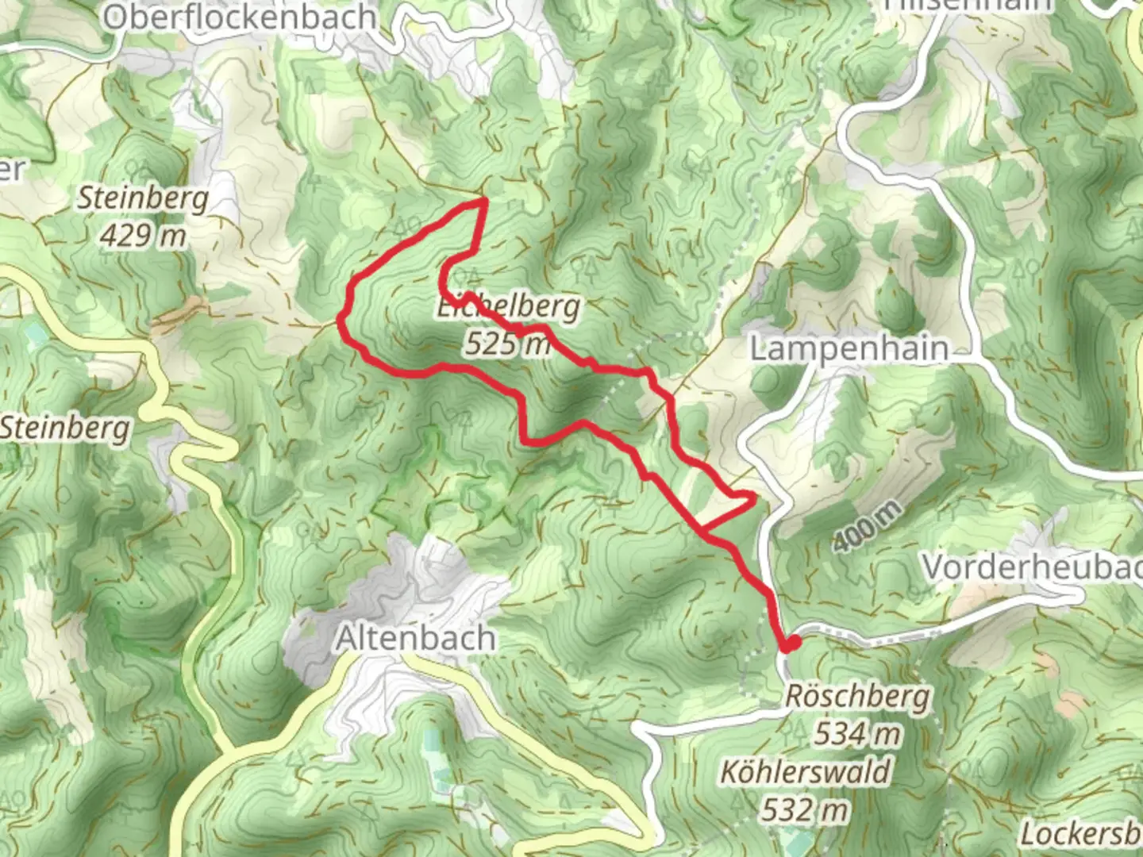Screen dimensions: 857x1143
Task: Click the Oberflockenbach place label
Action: coord(240,17)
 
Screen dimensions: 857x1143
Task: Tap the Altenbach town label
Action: coord(416,638)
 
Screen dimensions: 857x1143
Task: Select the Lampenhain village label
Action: coord(849,348)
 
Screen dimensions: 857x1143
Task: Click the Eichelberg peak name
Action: coord(509,306)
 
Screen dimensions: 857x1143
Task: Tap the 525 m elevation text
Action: coord(508,343)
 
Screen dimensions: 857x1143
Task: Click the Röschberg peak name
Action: coord(857,697)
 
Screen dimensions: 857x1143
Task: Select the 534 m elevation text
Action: coord(857,734)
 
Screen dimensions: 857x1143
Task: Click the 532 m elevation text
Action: coord(805,809)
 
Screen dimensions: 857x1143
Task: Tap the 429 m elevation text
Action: coord(144,235)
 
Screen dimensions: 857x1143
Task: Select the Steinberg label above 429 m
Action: coord(143,198)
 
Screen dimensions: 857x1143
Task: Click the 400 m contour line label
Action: coord(868,527)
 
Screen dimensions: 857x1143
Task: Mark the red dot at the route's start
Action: coord(790,644)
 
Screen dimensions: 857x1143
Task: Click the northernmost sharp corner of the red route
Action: coord(483,202)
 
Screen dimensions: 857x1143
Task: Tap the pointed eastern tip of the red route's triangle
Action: coord(752,498)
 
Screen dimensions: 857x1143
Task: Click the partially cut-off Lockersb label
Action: coord(1081,833)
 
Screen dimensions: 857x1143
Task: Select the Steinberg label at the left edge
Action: coord(65,428)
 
